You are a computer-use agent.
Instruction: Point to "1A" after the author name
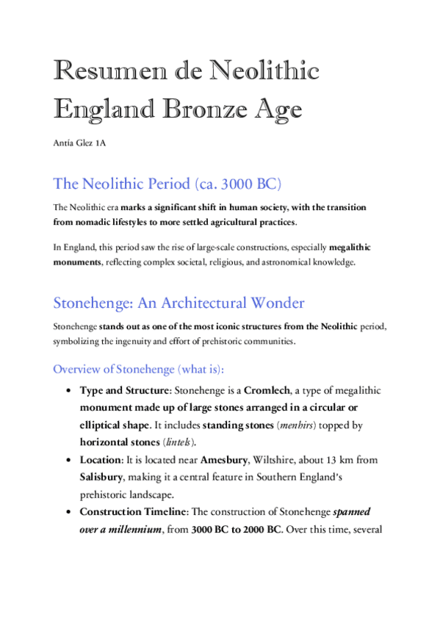pos(100,143)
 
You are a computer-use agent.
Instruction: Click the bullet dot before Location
pos(68,460)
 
